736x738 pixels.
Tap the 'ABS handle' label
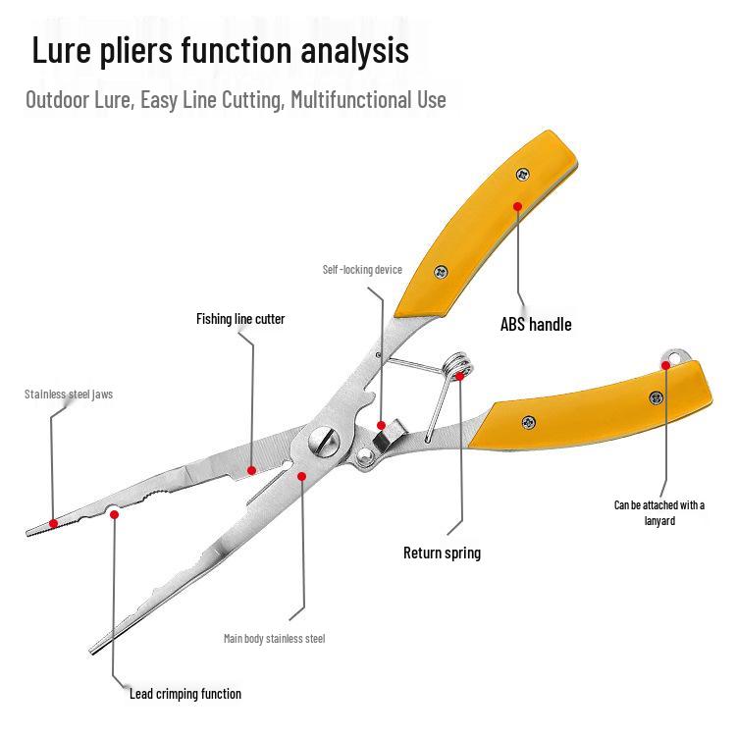(536, 325)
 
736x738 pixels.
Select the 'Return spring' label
(442, 553)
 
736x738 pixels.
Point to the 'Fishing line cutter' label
(240, 319)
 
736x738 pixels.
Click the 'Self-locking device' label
(362, 270)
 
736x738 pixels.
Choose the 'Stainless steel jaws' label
(69, 395)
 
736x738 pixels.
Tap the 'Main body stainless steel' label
(274, 639)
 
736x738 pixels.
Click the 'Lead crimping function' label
(185, 694)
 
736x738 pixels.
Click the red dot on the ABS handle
(516, 206)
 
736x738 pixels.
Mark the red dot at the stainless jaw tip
(53, 523)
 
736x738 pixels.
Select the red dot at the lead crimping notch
(114, 513)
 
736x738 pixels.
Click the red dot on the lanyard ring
(665, 365)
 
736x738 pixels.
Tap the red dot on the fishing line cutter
(251, 470)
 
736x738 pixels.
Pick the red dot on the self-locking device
(381, 425)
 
